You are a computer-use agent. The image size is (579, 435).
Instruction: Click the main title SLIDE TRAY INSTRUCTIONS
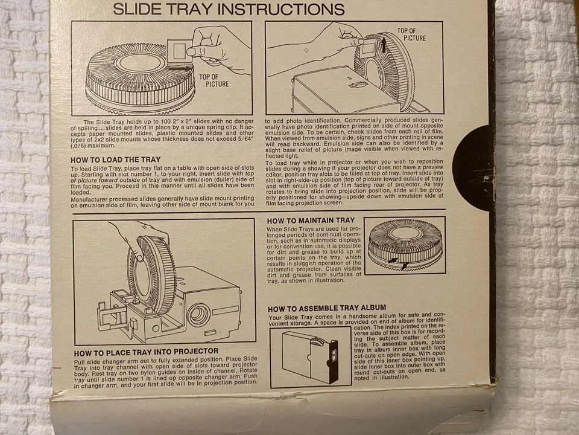(x=229, y=9)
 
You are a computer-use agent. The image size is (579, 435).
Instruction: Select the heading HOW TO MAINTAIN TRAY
(x=311, y=221)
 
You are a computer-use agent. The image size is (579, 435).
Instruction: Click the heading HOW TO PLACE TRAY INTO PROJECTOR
(x=146, y=352)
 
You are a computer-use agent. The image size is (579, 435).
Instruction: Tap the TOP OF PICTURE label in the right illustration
(x=412, y=34)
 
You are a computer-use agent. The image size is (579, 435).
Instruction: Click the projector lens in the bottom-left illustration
(x=199, y=314)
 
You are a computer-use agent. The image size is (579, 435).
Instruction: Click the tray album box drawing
(x=308, y=358)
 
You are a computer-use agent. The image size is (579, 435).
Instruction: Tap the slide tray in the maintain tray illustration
(x=405, y=242)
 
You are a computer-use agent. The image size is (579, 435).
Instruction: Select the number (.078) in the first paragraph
(x=80, y=145)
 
